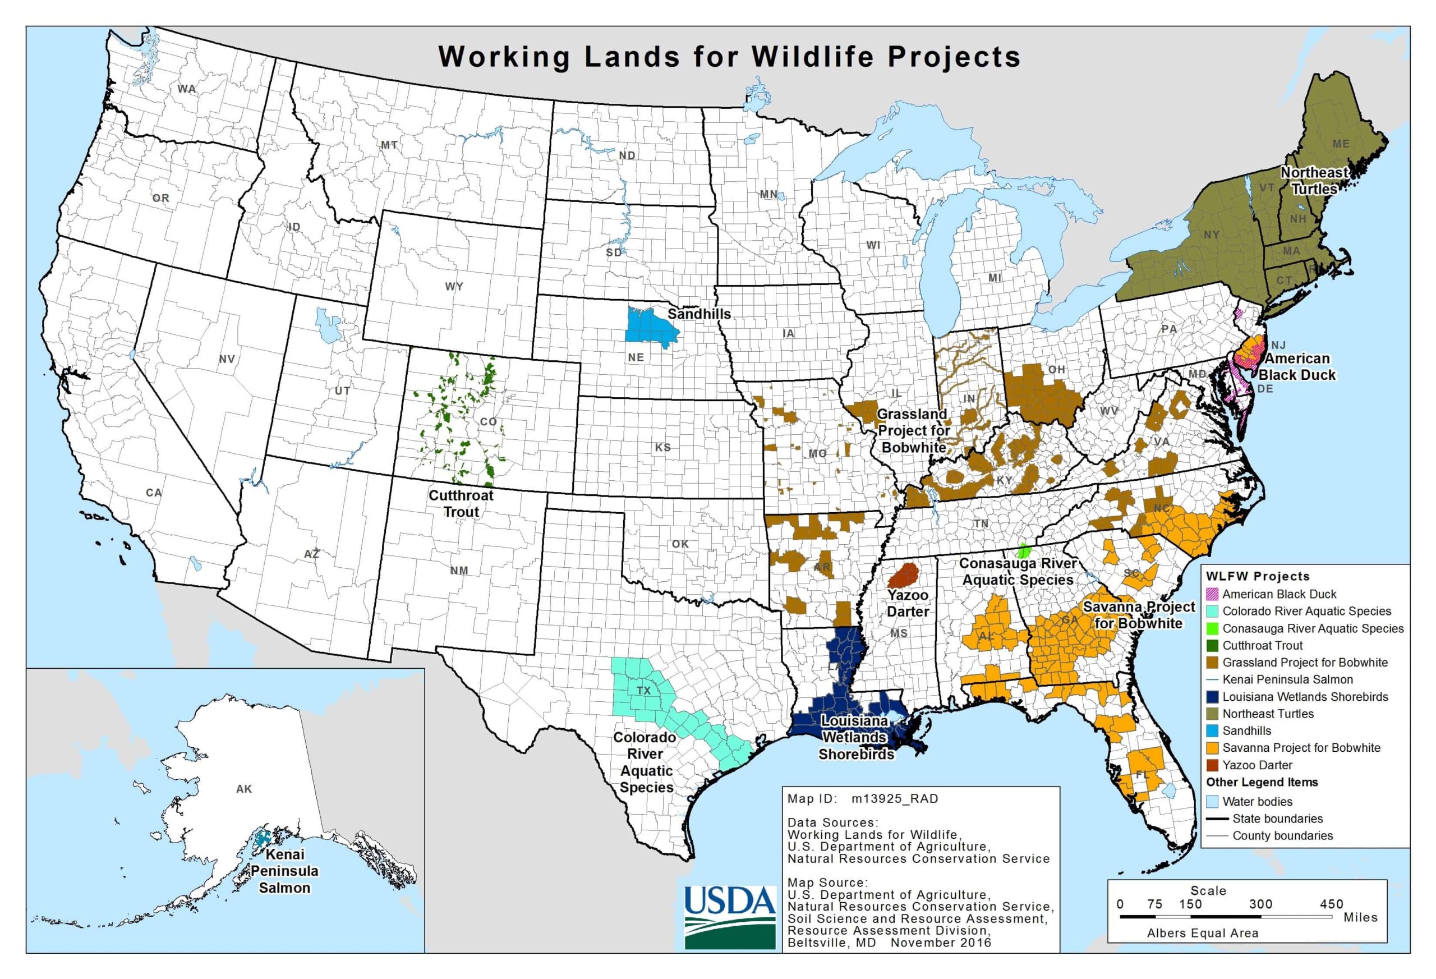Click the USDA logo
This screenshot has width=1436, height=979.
click(x=730, y=917)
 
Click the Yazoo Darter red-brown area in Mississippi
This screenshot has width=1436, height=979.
click(x=905, y=576)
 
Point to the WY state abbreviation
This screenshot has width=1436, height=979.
click(x=454, y=287)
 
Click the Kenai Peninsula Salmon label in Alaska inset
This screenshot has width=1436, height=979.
click(x=284, y=871)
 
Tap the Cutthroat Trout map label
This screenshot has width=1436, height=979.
click(x=461, y=504)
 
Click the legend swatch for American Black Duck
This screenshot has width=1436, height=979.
click(x=1212, y=595)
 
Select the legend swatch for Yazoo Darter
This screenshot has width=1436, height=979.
click(x=1212, y=765)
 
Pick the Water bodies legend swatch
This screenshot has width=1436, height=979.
click(x=1212, y=802)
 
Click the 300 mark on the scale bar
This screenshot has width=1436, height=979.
click(x=1260, y=904)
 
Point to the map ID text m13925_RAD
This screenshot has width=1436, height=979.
click(x=894, y=798)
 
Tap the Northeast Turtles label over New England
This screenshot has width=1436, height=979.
click(x=1314, y=181)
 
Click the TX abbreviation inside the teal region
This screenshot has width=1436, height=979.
click(x=644, y=691)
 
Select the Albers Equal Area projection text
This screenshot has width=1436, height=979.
click(x=1203, y=933)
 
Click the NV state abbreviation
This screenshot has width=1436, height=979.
click(x=227, y=359)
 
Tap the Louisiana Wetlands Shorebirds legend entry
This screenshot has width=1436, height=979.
click(x=1305, y=697)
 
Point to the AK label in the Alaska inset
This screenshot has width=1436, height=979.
click(x=244, y=789)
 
